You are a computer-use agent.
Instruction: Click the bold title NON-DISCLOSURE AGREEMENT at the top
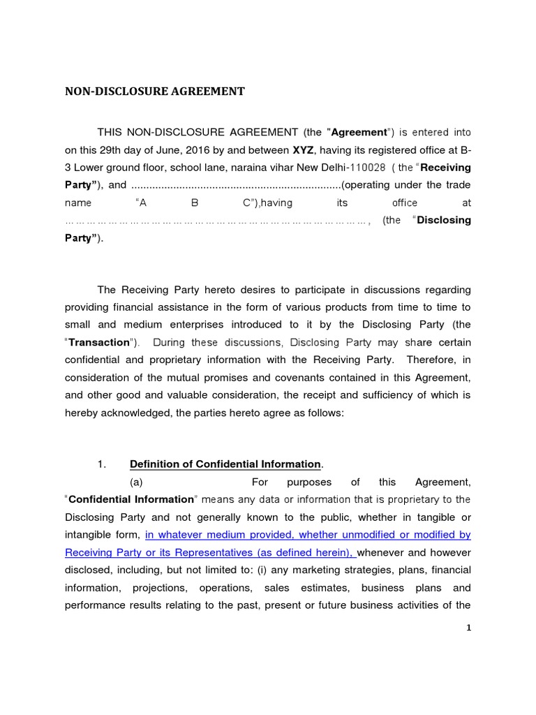coord(155,91)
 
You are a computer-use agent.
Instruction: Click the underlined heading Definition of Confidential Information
coord(226,464)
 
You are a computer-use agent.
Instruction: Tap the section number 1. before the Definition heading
coord(100,464)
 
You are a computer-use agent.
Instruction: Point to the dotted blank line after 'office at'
coord(216,221)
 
